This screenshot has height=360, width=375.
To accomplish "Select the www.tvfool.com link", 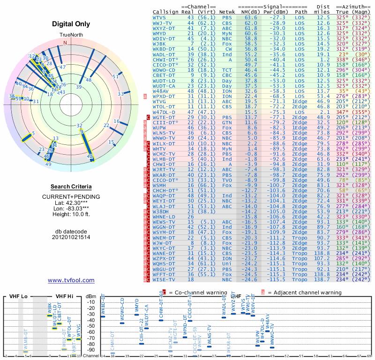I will point(71,280).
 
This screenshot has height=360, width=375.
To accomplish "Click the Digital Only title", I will point(71,24).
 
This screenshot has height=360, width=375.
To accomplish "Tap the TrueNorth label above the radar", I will point(71,35).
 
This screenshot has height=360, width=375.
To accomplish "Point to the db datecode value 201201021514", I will point(71,237).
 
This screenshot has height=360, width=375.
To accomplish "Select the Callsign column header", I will point(165,11).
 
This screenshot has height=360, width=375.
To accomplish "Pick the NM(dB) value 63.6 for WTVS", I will point(251,17).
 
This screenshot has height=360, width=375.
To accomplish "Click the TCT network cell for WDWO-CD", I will point(227,70).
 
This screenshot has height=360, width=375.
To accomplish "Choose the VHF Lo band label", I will point(18,296).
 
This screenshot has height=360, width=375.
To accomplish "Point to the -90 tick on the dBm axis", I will point(91,350).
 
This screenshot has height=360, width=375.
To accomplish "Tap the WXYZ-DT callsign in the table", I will point(164,28).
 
